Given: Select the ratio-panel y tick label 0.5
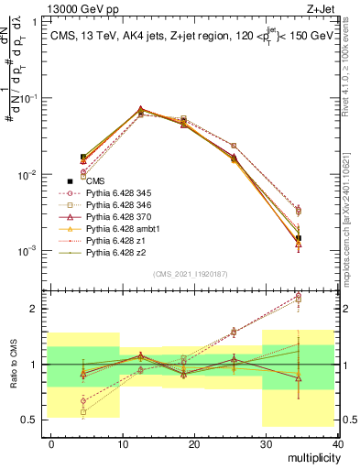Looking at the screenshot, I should coord(29,420).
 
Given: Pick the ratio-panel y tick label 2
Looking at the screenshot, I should coord(34,309).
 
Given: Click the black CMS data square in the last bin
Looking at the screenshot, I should coord(299,238).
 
